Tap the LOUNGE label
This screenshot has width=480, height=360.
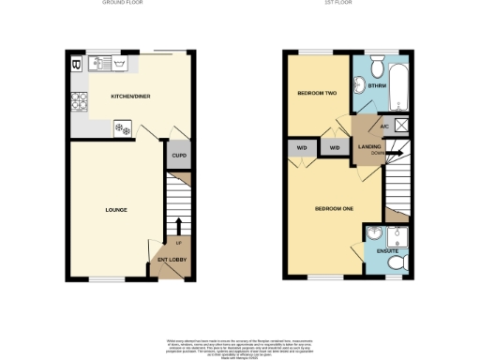point(115,209)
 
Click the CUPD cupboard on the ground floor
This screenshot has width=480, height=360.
point(178,155)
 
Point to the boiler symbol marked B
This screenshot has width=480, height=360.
point(76,65)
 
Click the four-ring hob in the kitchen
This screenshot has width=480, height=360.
point(77,101)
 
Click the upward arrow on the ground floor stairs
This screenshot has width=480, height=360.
point(179,223)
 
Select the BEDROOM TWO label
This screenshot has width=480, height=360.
point(316,94)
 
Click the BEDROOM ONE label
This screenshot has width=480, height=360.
point(334,208)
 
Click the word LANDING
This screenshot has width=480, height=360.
point(368,146)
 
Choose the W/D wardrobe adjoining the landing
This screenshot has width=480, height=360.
point(334,147)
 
